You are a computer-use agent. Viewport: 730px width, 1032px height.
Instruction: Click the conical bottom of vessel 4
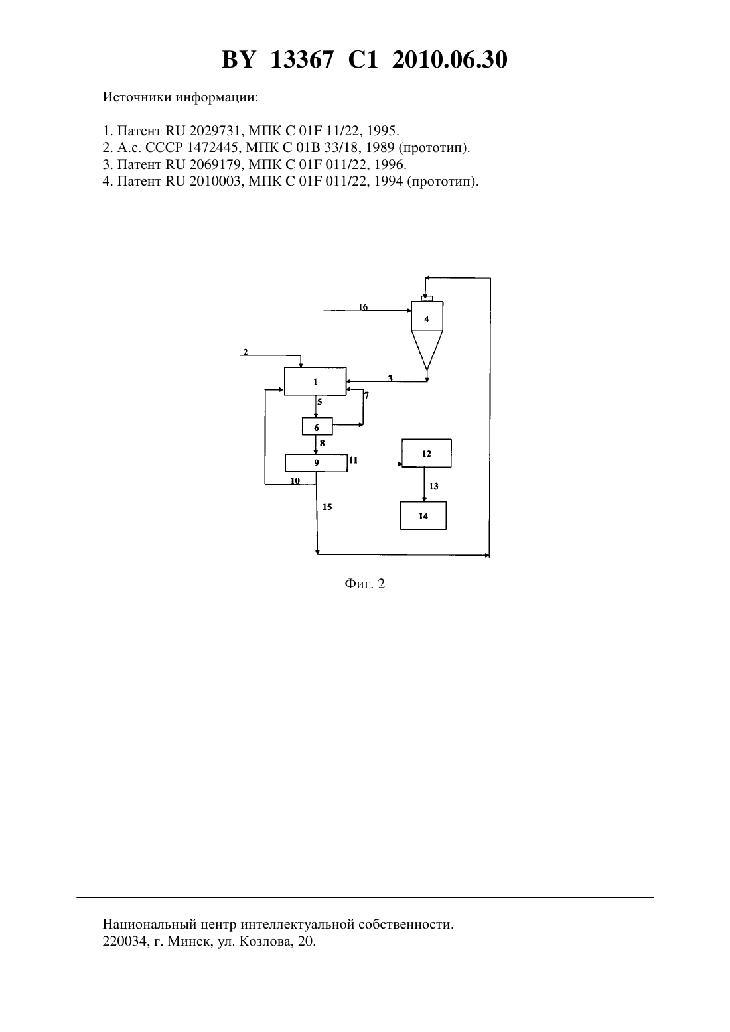coord(427,350)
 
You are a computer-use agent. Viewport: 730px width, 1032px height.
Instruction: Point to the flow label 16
coord(363,307)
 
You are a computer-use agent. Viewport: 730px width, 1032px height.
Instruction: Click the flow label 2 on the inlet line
coord(245,352)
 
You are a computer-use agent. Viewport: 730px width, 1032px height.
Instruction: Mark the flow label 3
coord(390,378)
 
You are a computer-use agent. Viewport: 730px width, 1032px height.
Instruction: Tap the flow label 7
coord(366,395)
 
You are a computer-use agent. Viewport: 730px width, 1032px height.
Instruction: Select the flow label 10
coord(295,481)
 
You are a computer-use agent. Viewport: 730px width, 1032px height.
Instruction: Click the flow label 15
coord(327,507)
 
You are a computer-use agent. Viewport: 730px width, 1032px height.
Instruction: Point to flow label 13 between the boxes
coord(433,486)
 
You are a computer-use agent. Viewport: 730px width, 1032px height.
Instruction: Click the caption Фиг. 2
coord(364,584)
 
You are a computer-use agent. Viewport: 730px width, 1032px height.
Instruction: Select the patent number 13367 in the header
coord(301,60)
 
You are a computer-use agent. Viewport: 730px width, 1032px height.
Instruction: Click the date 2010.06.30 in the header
coord(450,60)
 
